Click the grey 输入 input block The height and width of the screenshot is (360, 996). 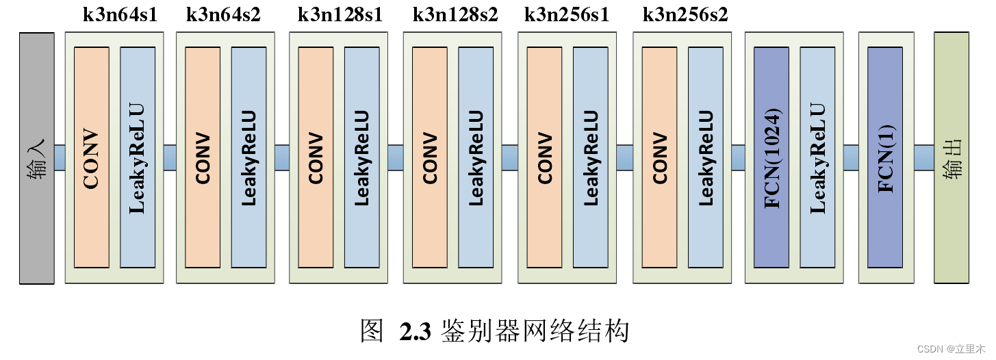pyautogui.click(x=36, y=157)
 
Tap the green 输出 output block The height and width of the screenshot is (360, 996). pyautogui.click(x=952, y=157)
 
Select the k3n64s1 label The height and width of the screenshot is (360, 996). pyautogui.click(x=120, y=15)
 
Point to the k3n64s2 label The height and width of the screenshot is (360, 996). pyautogui.click(x=223, y=15)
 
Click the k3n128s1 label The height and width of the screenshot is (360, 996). pyautogui.click(x=340, y=15)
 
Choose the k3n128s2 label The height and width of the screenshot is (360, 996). pyautogui.click(x=455, y=15)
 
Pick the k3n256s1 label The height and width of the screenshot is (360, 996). pyautogui.click(x=566, y=15)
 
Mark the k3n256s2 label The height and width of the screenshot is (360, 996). pyautogui.click(x=685, y=15)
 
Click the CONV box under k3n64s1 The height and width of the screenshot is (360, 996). pyautogui.click(x=91, y=157)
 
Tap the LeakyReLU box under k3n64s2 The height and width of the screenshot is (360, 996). pyautogui.click(x=249, y=157)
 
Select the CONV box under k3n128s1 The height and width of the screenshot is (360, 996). pyautogui.click(x=316, y=157)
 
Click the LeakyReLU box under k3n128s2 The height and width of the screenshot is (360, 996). pyautogui.click(x=476, y=157)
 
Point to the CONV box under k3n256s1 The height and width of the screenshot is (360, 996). pyautogui.click(x=545, y=157)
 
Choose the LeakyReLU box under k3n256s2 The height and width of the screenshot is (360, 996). pyautogui.click(x=706, y=157)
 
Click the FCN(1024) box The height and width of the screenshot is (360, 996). pyautogui.click(x=771, y=157)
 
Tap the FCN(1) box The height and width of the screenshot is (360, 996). pyautogui.click(x=885, y=157)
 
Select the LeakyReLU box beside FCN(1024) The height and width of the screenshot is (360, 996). pyautogui.click(x=817, y=157)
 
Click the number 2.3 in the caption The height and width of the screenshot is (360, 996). pyautogui.click(x=416, y=333)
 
